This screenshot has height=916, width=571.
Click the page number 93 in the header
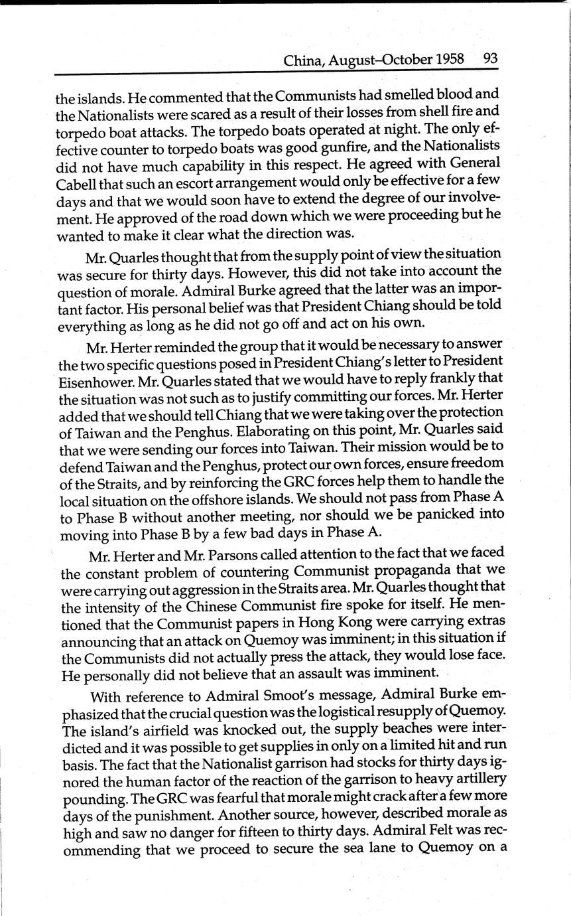491,58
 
